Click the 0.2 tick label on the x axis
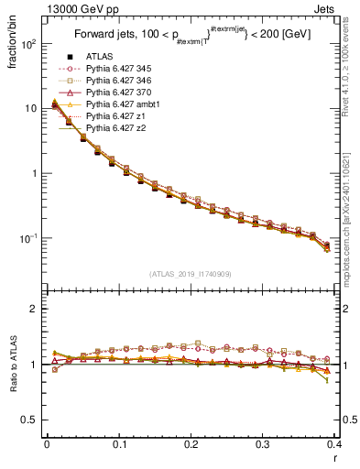tap(191, 444)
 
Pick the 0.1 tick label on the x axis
tap(119, 444)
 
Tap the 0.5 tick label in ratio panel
tap(30, 420)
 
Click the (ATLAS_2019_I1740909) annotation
tap(191, 273)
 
